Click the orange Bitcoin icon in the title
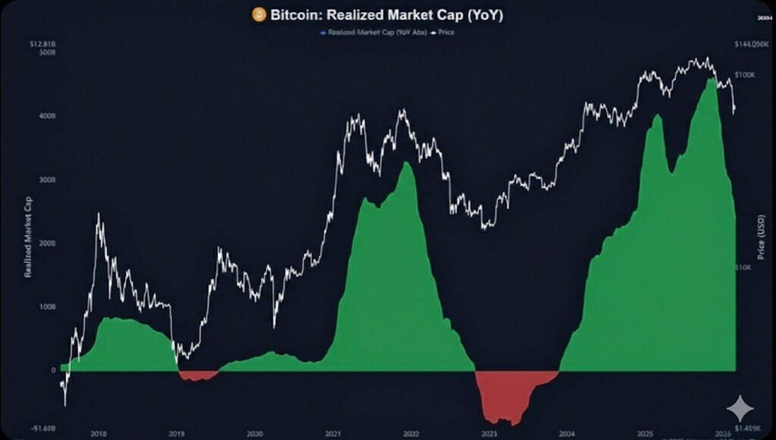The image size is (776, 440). pos(258,14)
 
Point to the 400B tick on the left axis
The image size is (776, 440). pos(47,117)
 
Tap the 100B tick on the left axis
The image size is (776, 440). pos(47,307)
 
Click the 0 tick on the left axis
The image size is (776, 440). pos(53,370)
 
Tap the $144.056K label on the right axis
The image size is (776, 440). pos(752,45)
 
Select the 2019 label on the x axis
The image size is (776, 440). pos(176,434)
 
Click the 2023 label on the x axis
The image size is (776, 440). pos(490,434)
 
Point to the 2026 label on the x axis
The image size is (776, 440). pos(722,434)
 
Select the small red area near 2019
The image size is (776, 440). pos(197,375)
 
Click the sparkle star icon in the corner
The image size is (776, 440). pos(740,409)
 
